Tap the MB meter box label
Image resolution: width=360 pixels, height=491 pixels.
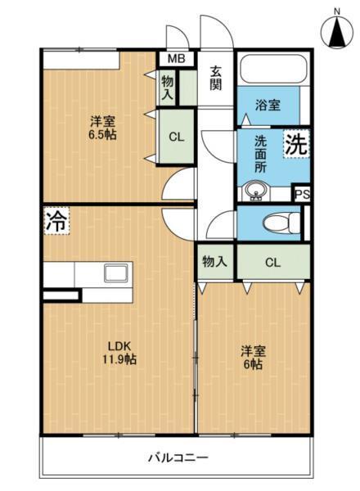[176, 59]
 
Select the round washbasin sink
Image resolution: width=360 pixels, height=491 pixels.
[255, 193]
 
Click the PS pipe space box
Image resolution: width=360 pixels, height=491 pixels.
[301, 194]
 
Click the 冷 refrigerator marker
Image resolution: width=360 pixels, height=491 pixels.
[56, 219]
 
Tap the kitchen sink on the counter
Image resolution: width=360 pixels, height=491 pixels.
[115, 273]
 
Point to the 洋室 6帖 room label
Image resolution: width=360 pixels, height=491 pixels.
[253, 358]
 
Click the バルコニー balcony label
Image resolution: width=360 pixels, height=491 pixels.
[178, 457]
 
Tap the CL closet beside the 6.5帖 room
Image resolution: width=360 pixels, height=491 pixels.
[176, 137]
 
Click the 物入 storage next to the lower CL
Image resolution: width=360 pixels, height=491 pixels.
[214, 262]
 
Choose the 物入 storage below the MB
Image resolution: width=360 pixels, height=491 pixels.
[168, 88]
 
